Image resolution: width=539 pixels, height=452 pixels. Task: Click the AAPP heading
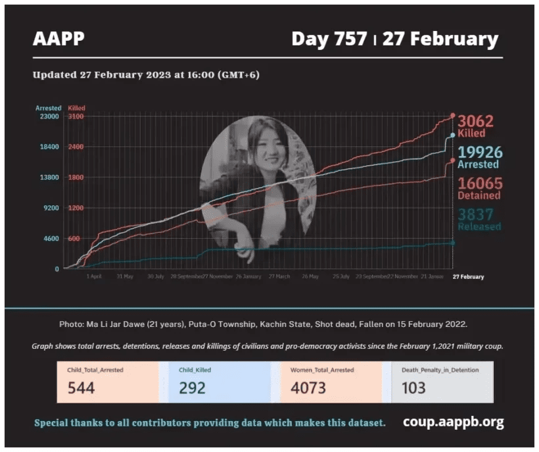coord(59,39)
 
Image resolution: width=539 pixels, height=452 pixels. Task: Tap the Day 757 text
coord(329,39)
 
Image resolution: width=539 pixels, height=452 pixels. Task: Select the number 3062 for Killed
coord(475,121)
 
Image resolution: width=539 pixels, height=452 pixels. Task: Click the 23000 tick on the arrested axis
coord(50,116)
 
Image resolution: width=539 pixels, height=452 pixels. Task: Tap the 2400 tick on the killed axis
coord(76,147)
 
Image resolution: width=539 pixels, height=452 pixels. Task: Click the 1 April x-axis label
coord(94,277)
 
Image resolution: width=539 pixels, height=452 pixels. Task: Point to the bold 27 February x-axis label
coord(469,277)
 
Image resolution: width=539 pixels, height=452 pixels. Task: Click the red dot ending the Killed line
coord(452,116)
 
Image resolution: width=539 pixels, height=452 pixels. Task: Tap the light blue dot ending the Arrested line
coord(452,136)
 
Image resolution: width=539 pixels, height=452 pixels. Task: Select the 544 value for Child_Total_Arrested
coord(81,388)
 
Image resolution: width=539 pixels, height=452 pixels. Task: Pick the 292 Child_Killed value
coord(193,388)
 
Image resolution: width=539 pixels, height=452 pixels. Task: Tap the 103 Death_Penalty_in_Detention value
coord(413,388)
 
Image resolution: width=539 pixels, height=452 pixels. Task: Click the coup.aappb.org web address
coord(454,422)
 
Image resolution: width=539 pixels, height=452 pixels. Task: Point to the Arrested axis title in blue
coord(49,108)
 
